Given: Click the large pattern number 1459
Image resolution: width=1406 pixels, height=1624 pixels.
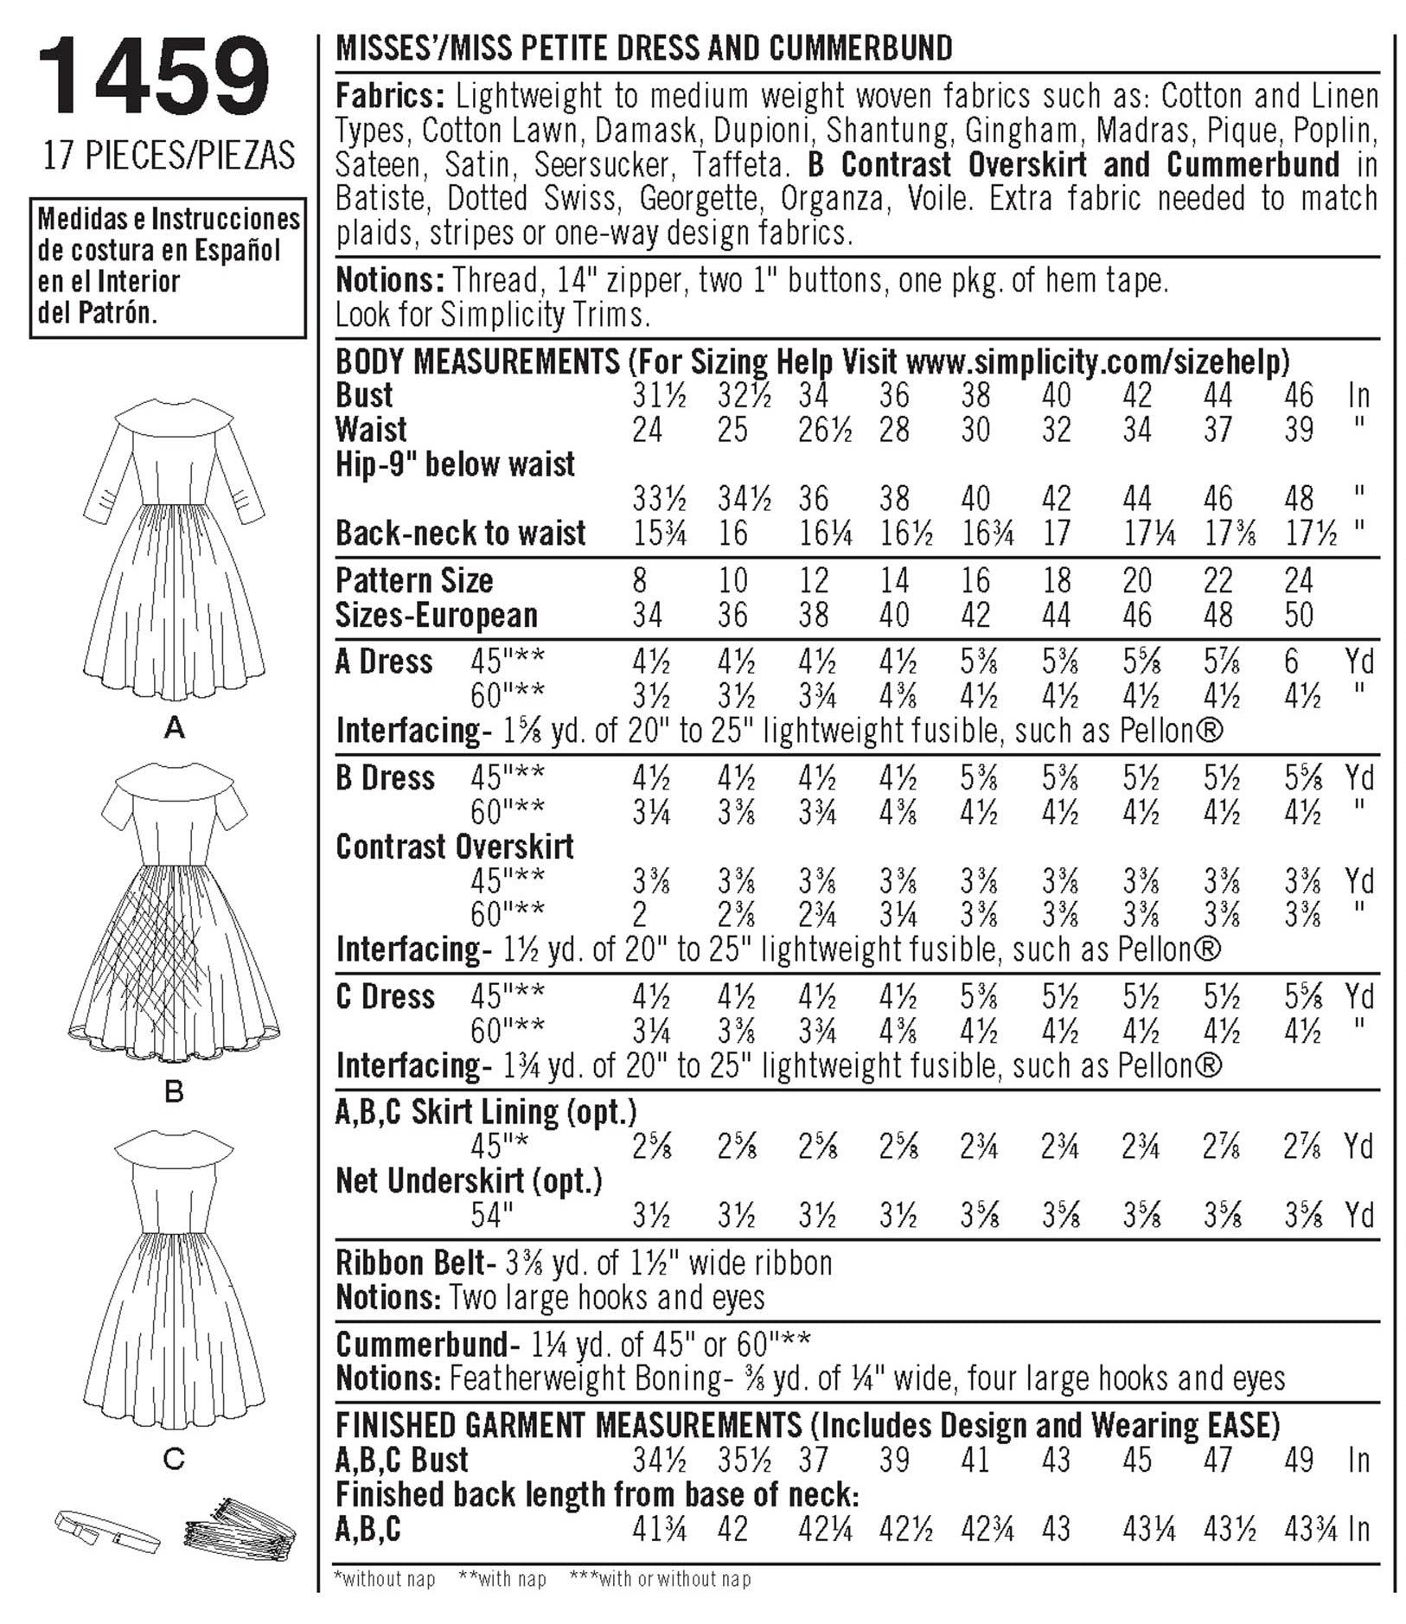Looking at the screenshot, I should click(x=154, y=79).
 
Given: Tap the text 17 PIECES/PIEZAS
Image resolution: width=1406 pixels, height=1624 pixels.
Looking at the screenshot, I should click(x=169, y=157).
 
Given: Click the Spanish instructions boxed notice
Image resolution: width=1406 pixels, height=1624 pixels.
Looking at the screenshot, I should click(x=168, y=266).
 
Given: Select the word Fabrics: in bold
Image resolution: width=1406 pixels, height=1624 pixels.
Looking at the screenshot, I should click(x=390, y=95).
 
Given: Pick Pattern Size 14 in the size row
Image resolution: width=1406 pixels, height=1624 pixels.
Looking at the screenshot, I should click(x=894, y=580).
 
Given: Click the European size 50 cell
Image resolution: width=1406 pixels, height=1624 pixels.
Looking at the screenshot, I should click(x=1299, y=615).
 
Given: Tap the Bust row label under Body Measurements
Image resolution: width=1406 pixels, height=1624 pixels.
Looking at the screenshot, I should click(x=364, y=395).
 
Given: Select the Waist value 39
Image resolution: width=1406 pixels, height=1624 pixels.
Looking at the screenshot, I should click(x=1299, y=430).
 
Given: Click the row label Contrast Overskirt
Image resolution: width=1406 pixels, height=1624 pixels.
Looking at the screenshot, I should click(x=455, y=847).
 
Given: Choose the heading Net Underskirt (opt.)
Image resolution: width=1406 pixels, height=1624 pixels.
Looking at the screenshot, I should click(x=469, y=1181).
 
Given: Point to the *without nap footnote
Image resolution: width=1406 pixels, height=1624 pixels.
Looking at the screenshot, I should click(x=384, y=1579).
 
